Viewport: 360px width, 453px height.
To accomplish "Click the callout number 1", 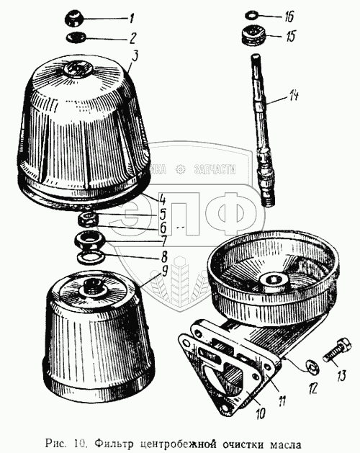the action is pos(132,19).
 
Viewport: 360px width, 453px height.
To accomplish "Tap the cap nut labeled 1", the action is pos(74,18).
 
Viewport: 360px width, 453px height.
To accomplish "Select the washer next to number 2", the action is pos(76,37).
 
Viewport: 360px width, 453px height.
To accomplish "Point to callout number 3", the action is pos(135,57).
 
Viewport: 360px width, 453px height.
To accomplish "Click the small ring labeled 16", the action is pos(251,15).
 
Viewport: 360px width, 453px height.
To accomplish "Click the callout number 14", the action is pos(291,96).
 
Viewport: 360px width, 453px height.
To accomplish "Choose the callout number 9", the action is pos(164,271).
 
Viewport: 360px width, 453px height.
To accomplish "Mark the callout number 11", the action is pos(282,400).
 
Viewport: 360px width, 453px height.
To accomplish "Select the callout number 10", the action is pos(260,413).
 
